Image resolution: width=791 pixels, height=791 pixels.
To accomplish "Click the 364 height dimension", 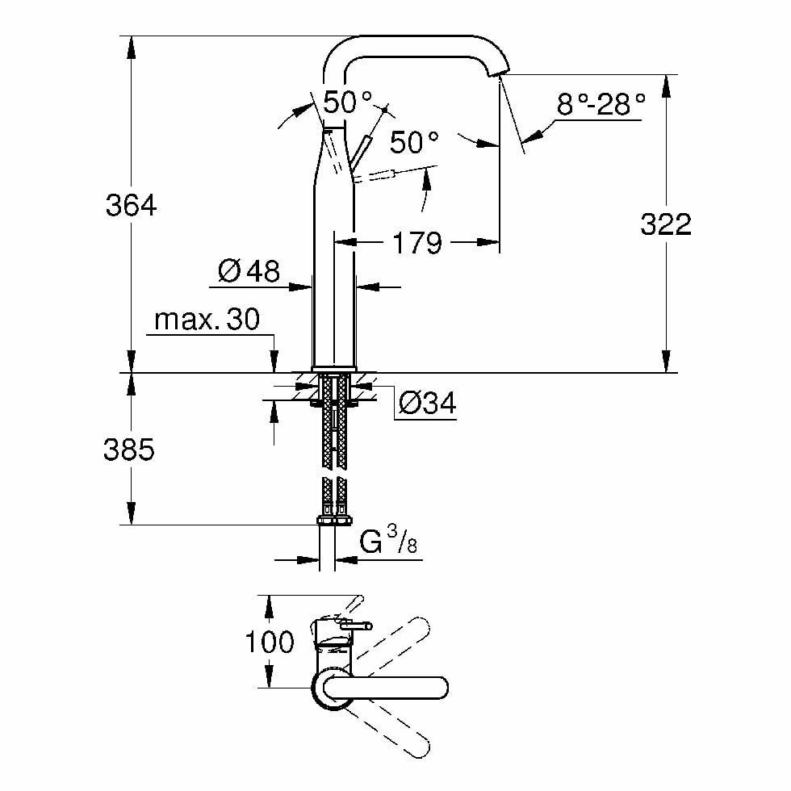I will (x=131, y=206).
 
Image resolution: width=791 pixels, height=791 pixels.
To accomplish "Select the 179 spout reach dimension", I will (x=418, y=242).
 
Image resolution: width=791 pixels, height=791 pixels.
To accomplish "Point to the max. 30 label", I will (x=207, y=320).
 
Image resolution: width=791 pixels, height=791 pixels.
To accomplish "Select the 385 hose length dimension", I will (x=128, y=450).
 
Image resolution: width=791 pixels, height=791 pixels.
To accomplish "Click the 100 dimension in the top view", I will (x=270, y=642).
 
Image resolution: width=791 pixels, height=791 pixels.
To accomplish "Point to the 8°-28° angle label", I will (x=601, y=104).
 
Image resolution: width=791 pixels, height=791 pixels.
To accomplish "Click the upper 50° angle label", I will (x=348, y=103).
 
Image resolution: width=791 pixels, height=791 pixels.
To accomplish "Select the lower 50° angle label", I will (x=414, y=143).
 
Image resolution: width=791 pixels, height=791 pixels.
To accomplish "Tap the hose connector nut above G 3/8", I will (x=333, y=521).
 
